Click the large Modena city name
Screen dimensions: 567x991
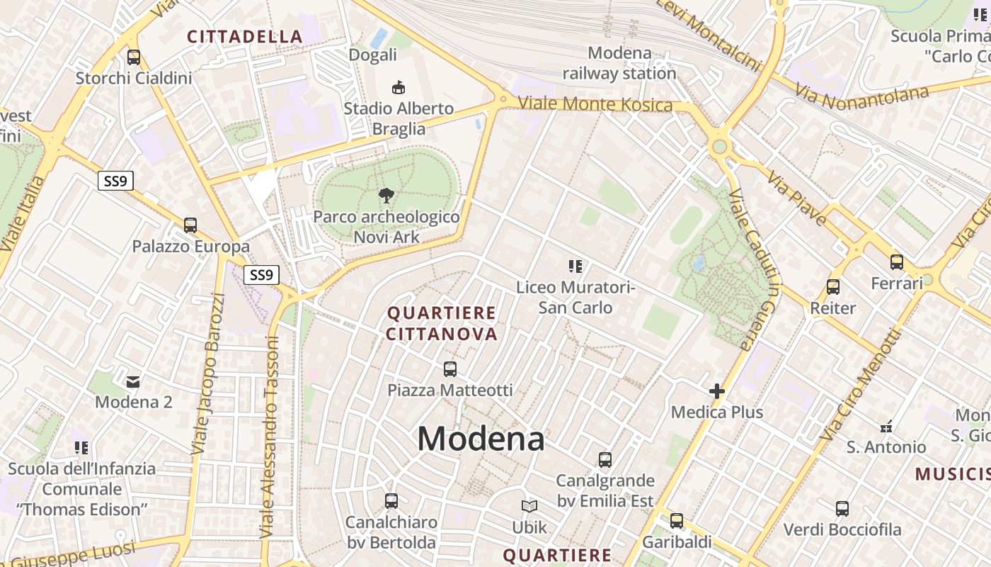point(481,439)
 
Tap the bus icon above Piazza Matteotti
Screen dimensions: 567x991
point(449,369)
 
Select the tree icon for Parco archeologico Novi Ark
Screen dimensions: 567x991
point(386,196)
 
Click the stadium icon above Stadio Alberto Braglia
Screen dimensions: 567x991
point(399,87)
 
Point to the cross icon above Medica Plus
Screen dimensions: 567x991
point(717,391)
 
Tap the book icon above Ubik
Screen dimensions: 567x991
point(529,506)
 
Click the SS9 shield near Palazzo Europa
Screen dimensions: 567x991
point(115,181)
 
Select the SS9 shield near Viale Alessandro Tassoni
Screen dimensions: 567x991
point(261,275)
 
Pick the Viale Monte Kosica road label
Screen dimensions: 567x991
point(595,104)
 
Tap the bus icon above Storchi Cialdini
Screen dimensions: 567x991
point(133,57)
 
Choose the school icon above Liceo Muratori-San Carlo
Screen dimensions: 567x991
point(575,266)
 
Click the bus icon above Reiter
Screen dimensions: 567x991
point(833,287)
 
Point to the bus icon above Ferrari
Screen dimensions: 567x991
point(897,262)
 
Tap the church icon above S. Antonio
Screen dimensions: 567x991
point(886,427)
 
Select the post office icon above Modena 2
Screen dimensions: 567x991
point(133,382)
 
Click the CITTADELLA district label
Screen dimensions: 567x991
point(245,37)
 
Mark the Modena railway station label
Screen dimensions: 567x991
point(619,63)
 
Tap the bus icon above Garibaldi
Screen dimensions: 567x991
point(677,521)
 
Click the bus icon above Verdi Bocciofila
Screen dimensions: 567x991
point(842,508)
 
